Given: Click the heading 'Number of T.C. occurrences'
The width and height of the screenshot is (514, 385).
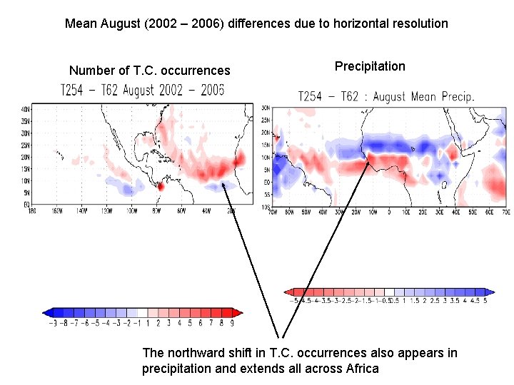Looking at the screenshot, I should coord(149,71).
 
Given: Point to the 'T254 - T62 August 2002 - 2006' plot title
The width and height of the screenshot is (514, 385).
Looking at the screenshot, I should coord(142,90).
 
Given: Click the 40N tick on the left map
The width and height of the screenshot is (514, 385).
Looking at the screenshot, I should coord(26,108).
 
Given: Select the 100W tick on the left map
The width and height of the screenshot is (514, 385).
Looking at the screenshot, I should coord(133,212).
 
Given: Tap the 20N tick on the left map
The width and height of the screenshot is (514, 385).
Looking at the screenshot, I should coord(26,157).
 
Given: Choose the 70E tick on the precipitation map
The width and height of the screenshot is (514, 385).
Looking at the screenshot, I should coord(505,212).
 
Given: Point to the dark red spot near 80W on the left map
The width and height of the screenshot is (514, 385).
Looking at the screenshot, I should coord(161,186).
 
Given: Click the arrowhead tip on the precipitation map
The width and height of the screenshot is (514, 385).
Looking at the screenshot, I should coord(369,161).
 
